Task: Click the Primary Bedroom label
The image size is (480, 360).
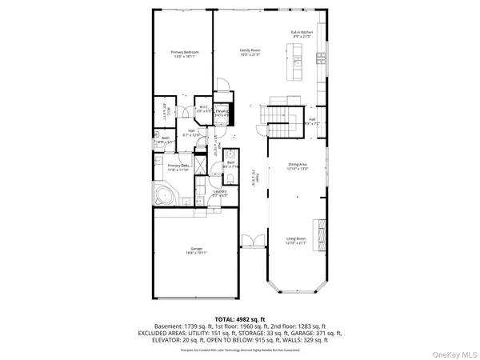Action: point(185,54)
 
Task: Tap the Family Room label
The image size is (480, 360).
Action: point(251,52)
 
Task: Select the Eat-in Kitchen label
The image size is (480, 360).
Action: point(301,34)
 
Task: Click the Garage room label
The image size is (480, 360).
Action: point(196,251)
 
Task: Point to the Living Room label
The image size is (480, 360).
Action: point(297,240)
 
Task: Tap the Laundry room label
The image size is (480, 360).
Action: point(222,194)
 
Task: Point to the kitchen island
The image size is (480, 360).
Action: point(298,61)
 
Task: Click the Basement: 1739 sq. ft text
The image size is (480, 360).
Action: point(190,326)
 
